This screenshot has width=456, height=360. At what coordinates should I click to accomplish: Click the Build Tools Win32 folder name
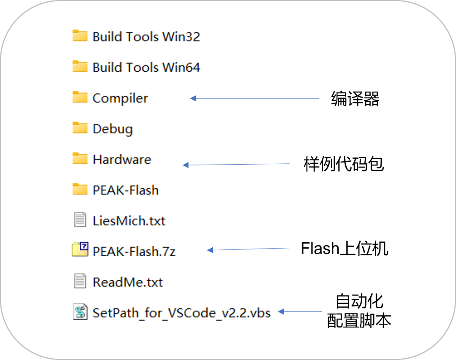tap(146, 37)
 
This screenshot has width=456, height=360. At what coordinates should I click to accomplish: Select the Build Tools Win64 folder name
tap(146, 68)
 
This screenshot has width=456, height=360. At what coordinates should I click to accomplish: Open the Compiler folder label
tap(120, 98)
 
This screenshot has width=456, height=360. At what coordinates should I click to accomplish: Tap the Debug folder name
tap(113, 129)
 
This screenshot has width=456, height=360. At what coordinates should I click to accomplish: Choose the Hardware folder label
tap(122, 160)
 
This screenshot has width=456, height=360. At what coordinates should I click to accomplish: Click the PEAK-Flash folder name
tap(126, 190)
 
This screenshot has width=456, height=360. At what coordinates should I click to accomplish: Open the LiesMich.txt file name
tap(129, 221)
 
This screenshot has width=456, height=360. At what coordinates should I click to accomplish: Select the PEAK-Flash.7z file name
tap(134, 252)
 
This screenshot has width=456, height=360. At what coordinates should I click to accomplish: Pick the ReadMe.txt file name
tap(128, 282)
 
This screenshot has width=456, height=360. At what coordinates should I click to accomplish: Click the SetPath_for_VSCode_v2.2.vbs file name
tap(182, 313)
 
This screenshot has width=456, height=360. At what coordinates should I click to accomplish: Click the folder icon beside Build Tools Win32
tap(80, 36)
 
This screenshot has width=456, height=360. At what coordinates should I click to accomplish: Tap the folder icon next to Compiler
tap(80, 97)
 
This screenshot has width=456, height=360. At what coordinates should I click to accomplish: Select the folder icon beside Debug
tap(80, 128)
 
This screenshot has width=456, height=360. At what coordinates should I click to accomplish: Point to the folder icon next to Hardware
tap(80, 159)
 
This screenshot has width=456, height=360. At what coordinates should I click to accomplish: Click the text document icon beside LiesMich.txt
tap(80, 220)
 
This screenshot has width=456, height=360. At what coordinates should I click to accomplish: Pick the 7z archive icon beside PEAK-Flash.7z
tap(80, 249)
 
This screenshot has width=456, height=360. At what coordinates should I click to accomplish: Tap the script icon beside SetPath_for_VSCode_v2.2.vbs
tap(80, 312)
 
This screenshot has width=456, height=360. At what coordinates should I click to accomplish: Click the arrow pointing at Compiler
tap(255, 98)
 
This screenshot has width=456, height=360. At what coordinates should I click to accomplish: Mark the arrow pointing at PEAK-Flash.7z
tap(249, 249)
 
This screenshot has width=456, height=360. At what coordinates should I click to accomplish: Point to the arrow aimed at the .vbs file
tap(300, 312)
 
